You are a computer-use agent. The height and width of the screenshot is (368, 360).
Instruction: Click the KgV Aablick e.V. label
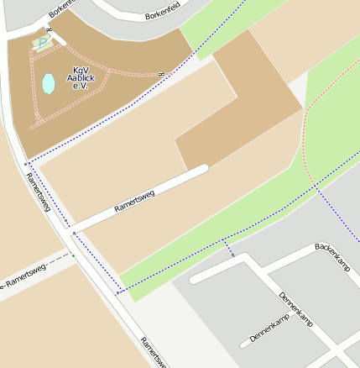84,78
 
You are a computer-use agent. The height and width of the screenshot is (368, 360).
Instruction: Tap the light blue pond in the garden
49,83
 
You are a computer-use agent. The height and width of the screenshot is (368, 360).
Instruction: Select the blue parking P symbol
43,42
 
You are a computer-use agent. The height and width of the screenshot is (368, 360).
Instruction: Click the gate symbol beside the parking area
49,30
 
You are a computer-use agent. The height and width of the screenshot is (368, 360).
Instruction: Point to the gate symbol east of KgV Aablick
159,75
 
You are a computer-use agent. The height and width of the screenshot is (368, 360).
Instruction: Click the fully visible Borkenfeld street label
163,14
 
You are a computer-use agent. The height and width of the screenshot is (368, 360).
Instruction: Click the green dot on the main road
73,255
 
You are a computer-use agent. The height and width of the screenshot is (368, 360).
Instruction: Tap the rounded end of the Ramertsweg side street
202,171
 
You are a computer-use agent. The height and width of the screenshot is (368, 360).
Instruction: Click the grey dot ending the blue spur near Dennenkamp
233,255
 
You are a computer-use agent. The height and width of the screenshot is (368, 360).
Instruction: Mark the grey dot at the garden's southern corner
28,163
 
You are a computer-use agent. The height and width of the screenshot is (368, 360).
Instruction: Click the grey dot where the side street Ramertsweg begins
74,233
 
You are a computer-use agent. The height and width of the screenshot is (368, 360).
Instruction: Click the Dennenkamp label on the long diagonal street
296,312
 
